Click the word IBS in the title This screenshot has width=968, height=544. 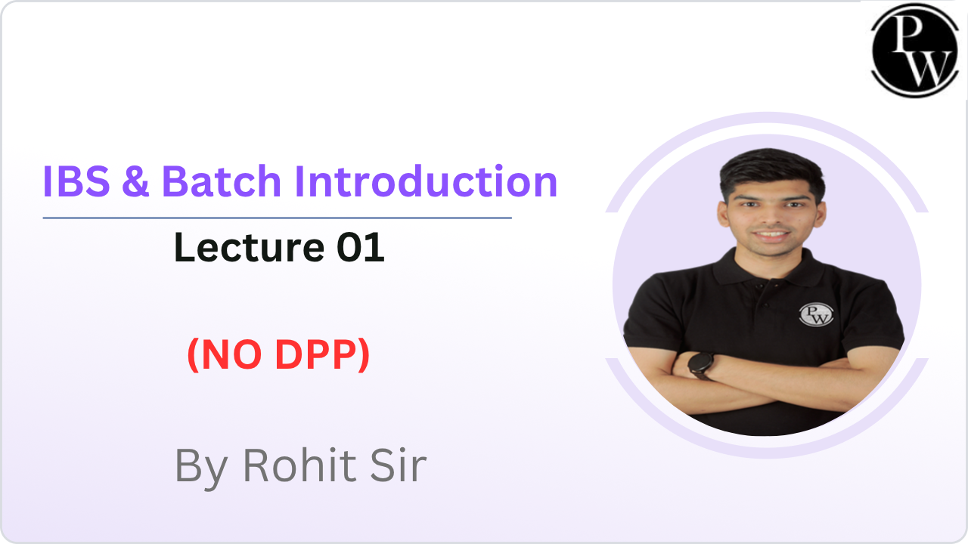pyautogui.click(x=76, y=182)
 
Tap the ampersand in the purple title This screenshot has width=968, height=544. pyautogui.click(x=135, y=182)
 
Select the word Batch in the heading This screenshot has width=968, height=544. pyautogui.click(x=222, y=181)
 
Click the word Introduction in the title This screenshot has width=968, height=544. pyautogui.click(x=426, y=181)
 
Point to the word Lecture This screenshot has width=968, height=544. pyautogui.click(x=249, y=247)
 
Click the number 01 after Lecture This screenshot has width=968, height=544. pyautogui.click(x=361, y=247)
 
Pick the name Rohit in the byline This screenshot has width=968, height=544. pyautogui.click(x=299, y=465)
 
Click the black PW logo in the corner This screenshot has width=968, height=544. pyautogui.click(x=914, y=50)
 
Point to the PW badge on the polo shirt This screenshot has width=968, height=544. pyautogui.click(x=816, y=314)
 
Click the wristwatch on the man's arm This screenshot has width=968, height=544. pyautogui.click(x=700, y=365)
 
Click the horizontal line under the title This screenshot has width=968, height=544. pyautogui.click(x=277, y=218)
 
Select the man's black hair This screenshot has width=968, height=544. pyautogui.click(x=772, y=173)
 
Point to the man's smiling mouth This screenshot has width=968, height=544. pyautogui.click(x=771, y=235)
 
